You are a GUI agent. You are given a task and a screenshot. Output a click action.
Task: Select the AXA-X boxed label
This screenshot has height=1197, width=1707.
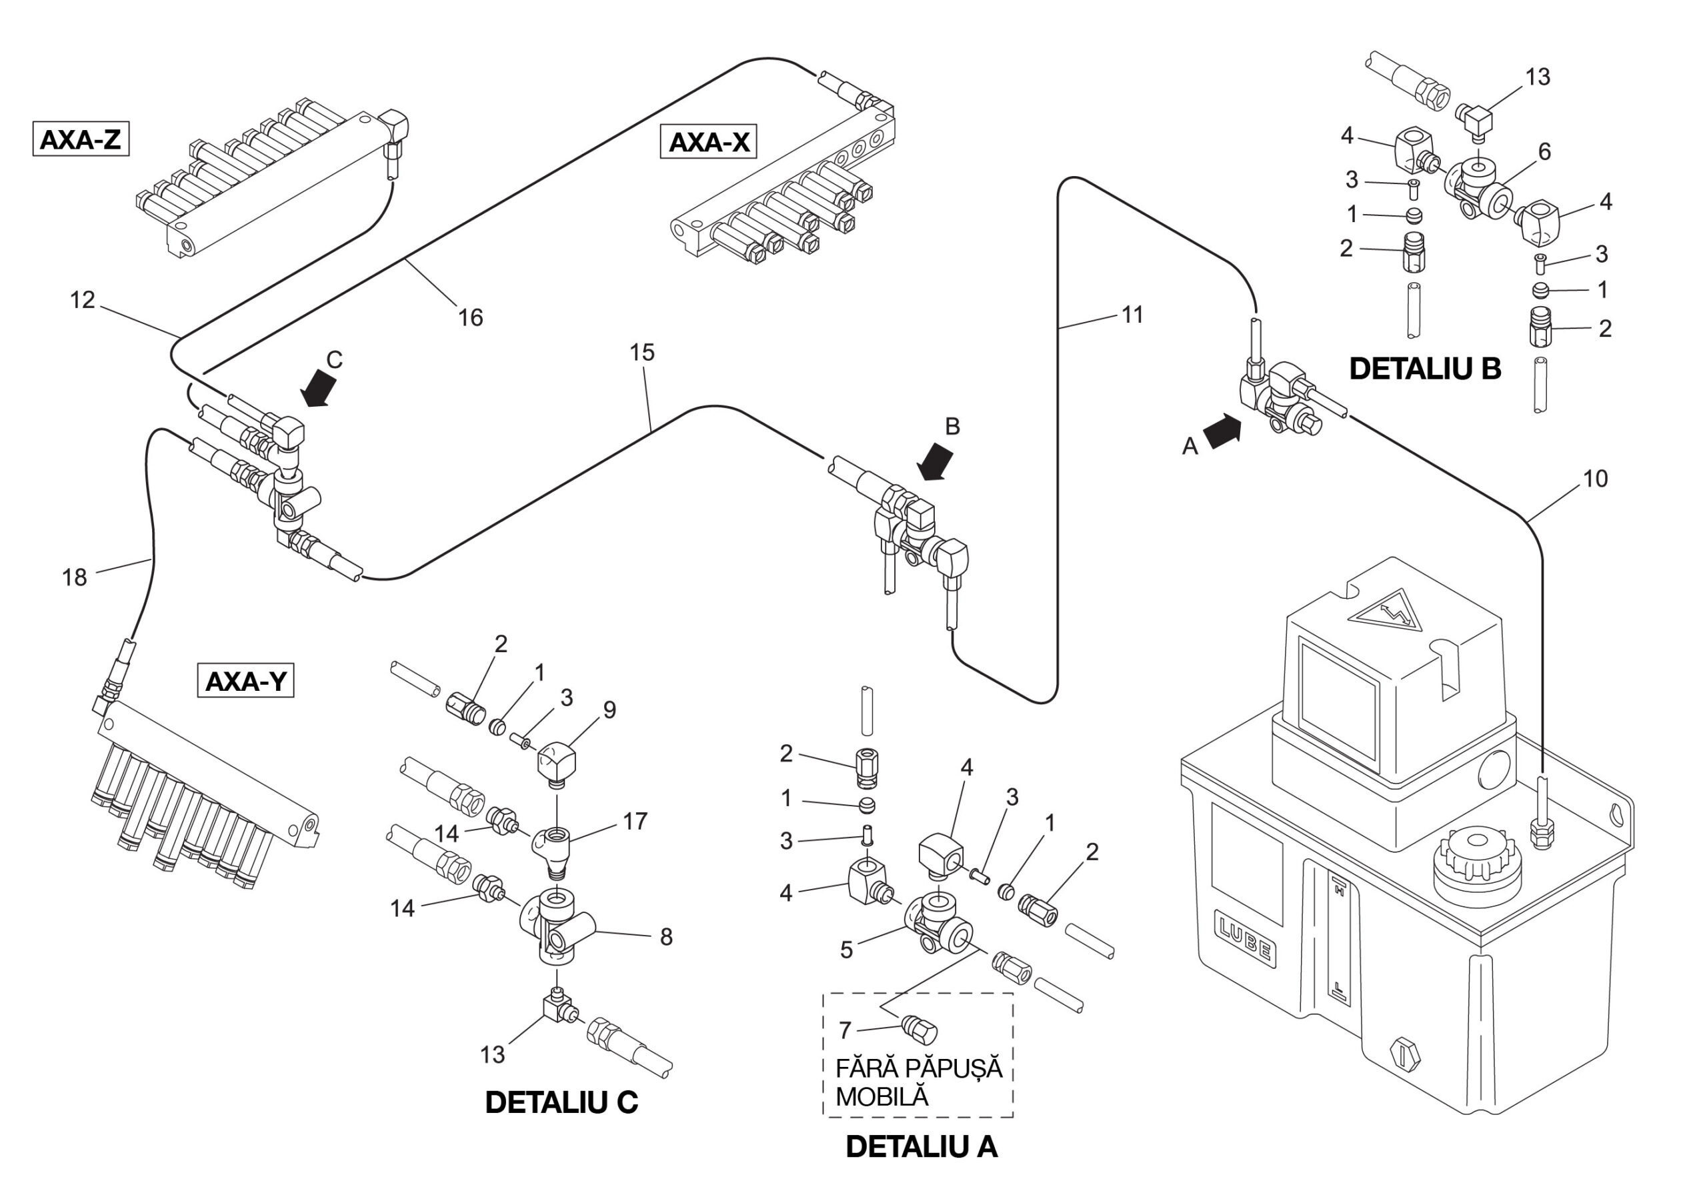tap(709, 142)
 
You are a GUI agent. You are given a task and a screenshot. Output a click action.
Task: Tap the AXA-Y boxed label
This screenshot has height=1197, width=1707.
tap(245, 681)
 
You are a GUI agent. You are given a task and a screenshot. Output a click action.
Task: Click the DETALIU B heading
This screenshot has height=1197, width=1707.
tap(1424, 369)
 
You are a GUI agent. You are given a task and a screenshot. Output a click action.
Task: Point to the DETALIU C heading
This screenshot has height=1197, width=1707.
tap(561, 1102)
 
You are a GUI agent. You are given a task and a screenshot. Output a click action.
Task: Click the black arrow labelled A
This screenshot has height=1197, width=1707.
tap(1222, 433)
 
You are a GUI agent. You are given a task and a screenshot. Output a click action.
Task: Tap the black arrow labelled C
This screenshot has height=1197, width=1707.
tap(319, 388)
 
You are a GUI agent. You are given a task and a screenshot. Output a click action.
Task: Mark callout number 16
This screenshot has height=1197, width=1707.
tap(470, 318)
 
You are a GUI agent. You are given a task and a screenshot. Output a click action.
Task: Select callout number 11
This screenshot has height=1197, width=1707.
tap(1132, 315)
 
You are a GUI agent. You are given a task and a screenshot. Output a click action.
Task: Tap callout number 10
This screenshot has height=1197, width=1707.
tap(1595, 478)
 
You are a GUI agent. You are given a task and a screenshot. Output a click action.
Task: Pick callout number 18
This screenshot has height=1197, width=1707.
tap(74, 577)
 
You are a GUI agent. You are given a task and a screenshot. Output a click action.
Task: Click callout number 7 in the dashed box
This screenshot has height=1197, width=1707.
tap(845, 1030)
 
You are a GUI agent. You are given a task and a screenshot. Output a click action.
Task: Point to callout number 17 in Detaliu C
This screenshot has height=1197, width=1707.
tap(635, 821)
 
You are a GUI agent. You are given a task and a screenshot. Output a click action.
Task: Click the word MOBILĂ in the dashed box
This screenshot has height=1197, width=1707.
tap(882, 1096)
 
